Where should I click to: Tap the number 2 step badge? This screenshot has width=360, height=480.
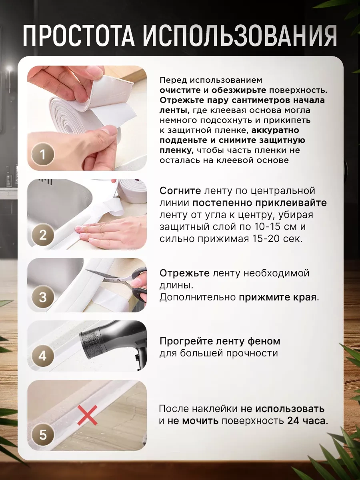(x=43, y=234)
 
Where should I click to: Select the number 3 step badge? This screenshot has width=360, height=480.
(x=43, y=297)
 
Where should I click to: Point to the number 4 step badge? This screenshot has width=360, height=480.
(x=43, y=356)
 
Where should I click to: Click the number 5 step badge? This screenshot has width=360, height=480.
(x=43, y=434)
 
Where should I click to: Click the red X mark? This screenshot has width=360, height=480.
(x=87, y=414)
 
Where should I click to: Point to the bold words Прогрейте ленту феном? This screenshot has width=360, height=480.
(x=220, y=341)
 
